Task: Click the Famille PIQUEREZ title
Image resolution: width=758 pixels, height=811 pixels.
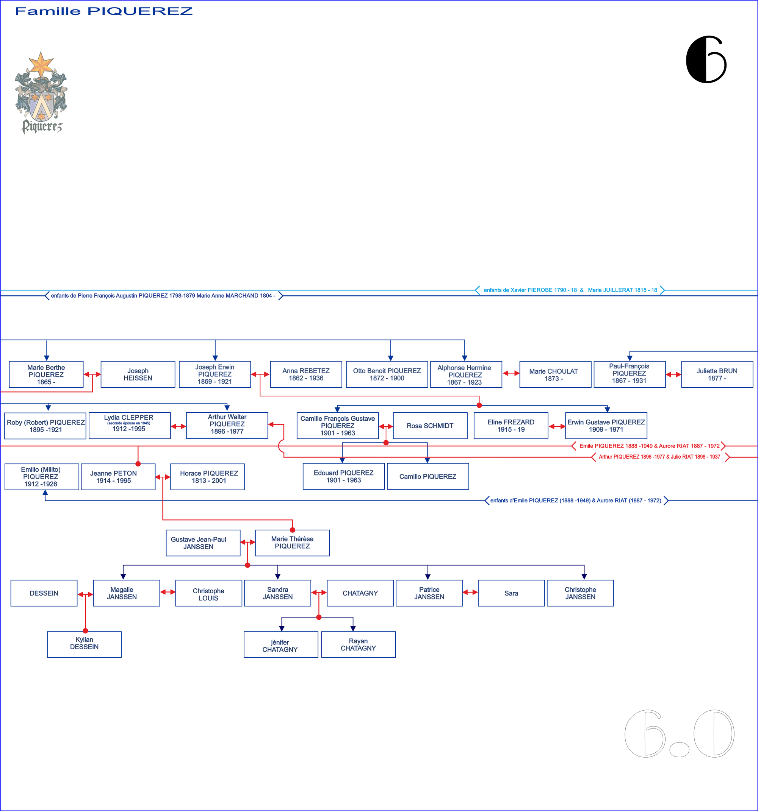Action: (x=104, y=11)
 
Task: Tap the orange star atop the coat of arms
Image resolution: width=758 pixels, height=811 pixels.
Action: (x=41, y=64)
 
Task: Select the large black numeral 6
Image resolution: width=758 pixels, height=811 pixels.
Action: (x=706, y=59)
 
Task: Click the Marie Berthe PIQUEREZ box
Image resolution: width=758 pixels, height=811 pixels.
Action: (x=46, y=374)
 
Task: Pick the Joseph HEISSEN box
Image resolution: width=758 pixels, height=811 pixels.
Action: (x=138, y=374)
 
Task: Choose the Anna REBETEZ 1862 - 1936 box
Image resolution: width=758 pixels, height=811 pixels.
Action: (x=306, y=374)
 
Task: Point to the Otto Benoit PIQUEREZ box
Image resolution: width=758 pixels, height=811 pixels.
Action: (x=387, y=374)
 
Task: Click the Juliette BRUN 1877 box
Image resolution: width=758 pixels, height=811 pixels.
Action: (x=717, y=374)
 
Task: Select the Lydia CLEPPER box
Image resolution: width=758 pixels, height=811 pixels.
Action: (x=130, y=426)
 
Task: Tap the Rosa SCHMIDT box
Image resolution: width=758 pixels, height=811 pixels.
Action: (x=430, y=426)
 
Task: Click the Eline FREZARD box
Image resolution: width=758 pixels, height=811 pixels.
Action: (x=511, y=426)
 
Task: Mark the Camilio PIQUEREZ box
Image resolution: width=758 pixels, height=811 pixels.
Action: (x=428, y=476)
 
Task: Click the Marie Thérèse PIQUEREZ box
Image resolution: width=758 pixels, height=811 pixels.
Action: (x=293, y=543)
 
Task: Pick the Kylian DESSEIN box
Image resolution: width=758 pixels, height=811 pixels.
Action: (x=84, y=644)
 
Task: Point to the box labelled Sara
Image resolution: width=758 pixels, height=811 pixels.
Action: (x=511, y=593)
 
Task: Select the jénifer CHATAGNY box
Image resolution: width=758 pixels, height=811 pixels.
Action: (x=280, y=644)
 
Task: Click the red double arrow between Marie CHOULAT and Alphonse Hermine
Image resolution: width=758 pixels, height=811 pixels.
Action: (x=511, y=373)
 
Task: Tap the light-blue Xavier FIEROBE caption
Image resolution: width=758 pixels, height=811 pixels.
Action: (x=570, y=290)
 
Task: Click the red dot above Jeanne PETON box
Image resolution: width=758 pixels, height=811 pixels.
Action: (x=138, y=464)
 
